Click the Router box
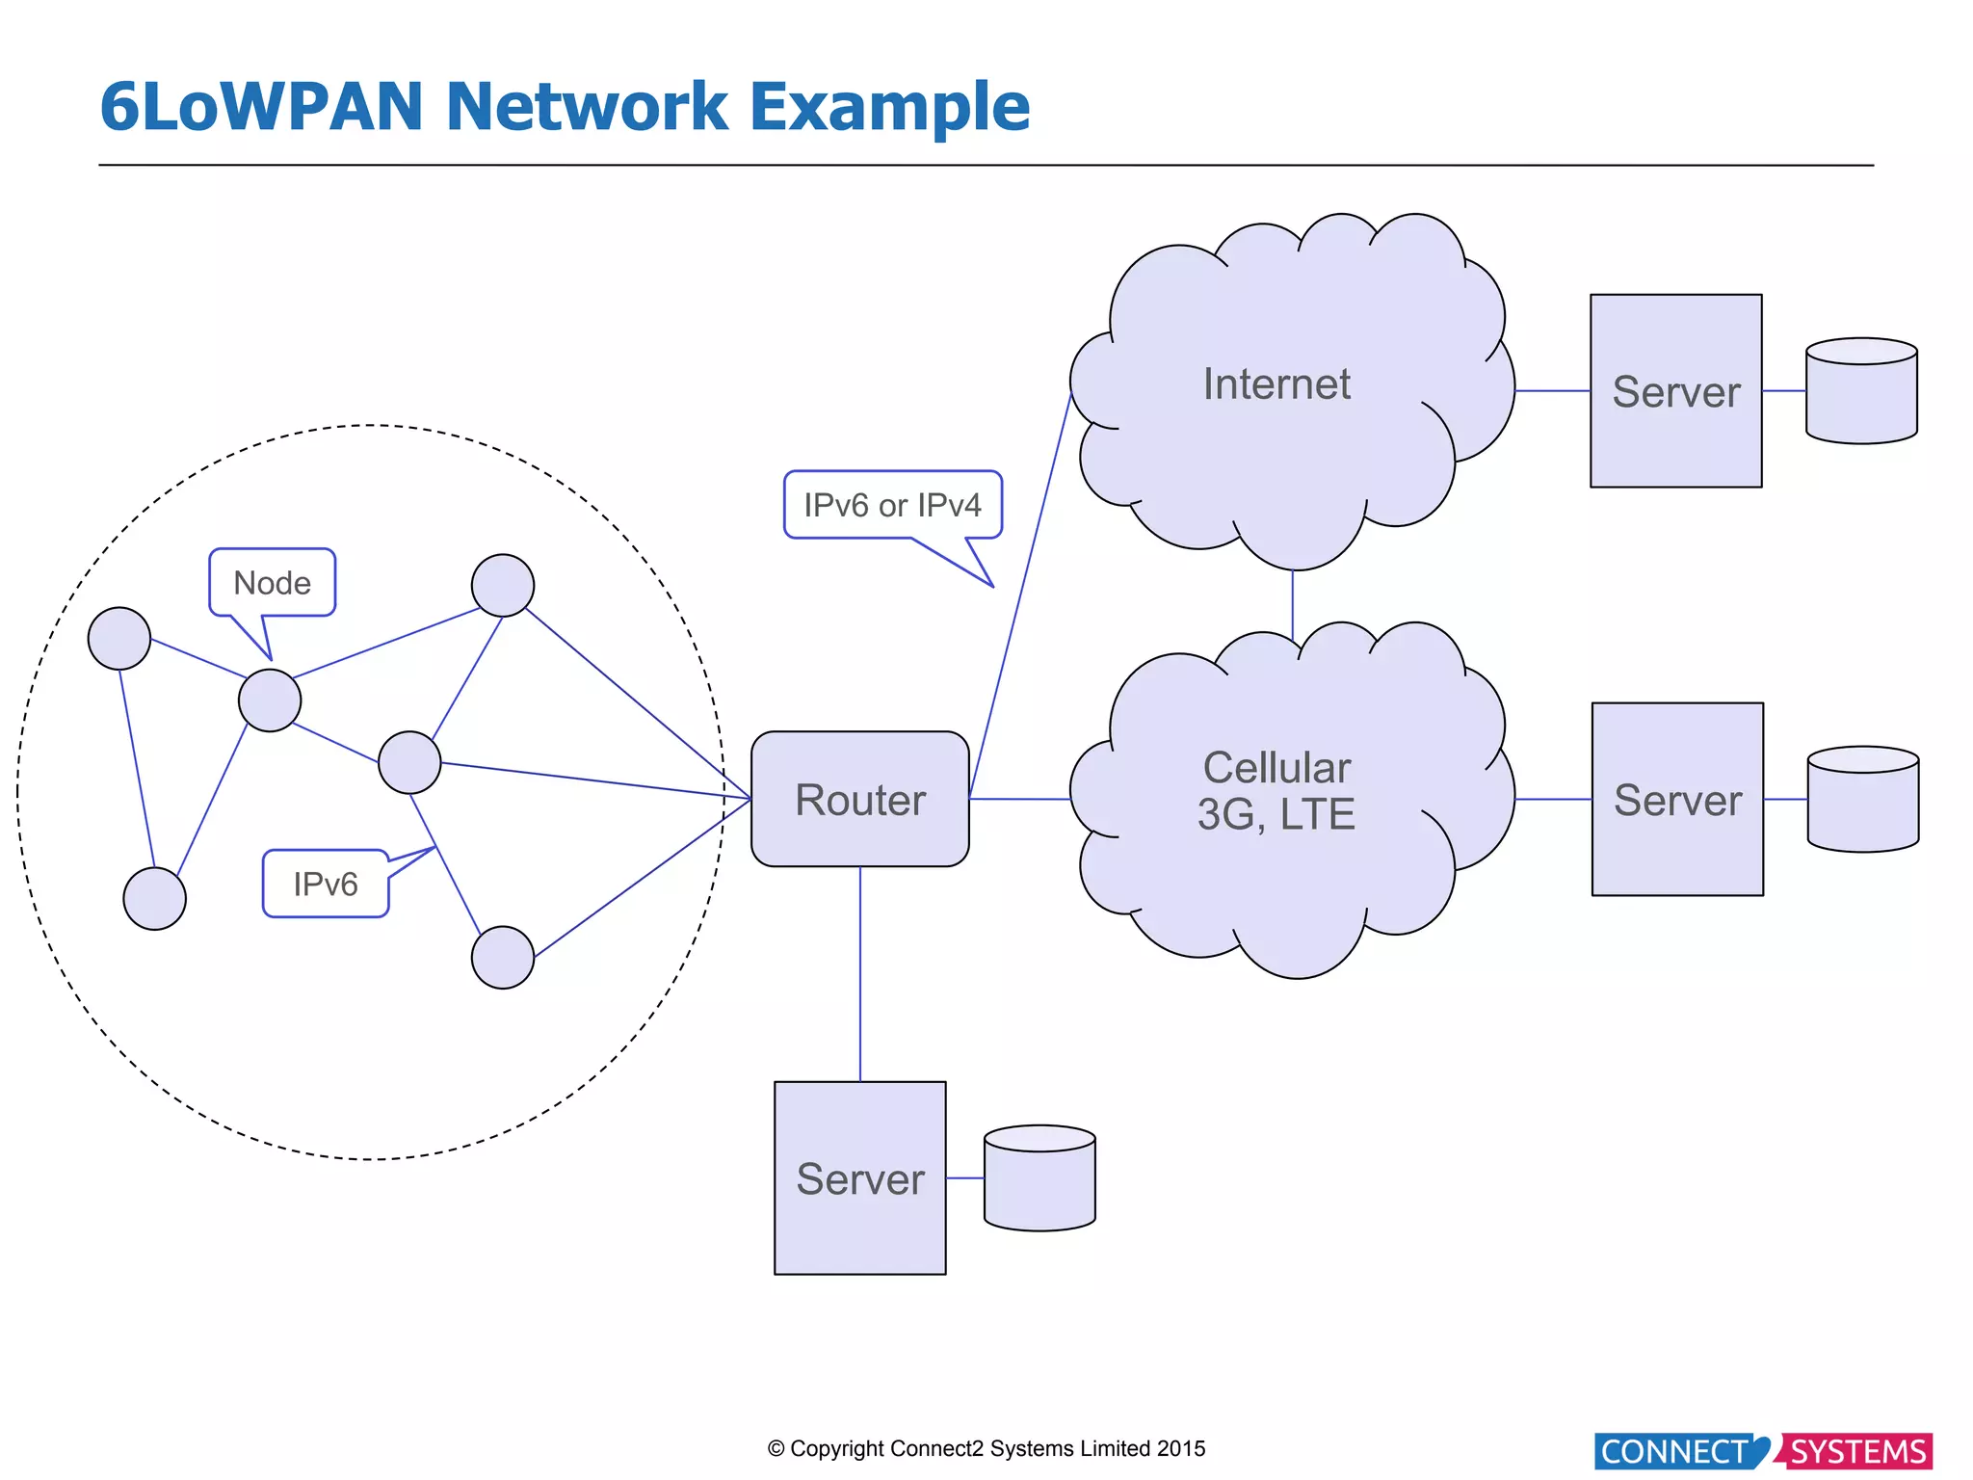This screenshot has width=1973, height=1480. click(x=859, y=799)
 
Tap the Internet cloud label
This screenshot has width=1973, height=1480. click(x=1276, y=384)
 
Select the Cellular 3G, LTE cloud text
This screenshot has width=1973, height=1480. click(x=1276, y=791)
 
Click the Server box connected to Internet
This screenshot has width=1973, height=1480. click(x=1675, y=390)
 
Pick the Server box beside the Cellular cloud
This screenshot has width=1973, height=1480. click(x=1677, y=799)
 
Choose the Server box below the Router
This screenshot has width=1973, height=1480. click(x=859, y=1177)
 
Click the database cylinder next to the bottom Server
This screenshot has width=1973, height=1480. click(x=1039, y=1178)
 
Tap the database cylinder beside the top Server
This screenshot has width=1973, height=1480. click(x=1861, y=391)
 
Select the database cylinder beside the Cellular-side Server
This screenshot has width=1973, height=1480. click(x=1863, y=800)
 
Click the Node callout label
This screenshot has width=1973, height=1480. click(x=272, y=583)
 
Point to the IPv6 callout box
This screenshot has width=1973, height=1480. click(x=326, y=884)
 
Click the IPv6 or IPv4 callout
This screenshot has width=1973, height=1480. click(x=892, y=505)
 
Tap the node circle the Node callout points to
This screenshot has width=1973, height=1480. click(x=270, y=700)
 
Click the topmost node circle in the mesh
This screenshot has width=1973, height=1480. click(x=503, y=585)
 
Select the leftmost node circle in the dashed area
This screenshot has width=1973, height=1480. click(x=119, y=638)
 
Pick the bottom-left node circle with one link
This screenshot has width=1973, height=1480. click(x=155, y=898)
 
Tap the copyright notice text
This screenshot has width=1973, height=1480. click(x=986, y=1448)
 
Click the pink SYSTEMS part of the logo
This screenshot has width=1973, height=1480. click(x=1856, y=1451)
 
